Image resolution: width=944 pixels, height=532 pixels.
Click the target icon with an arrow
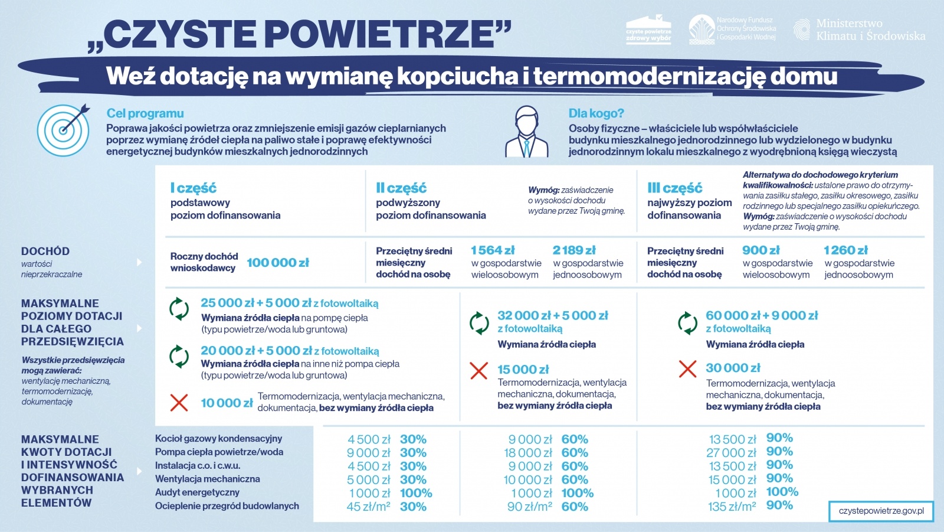[64, 130]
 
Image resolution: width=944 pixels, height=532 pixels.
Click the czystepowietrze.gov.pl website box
[881, 511]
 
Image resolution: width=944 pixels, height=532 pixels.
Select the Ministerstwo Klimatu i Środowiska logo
[859, 30]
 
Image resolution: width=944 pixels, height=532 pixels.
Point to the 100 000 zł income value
[278, 263]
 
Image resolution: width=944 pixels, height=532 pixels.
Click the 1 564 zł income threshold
[493, 250]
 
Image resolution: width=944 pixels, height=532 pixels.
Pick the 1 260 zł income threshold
[845, 250]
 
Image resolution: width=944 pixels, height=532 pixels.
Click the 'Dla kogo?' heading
[596, 113]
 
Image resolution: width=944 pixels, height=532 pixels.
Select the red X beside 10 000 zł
[179, 403]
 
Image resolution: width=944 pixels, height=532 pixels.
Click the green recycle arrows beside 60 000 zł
[687, 323]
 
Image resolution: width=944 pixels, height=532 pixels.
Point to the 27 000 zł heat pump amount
[731, 453]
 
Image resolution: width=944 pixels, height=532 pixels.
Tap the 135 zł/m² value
[732, 507]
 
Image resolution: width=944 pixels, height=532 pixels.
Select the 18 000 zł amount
[528, 453]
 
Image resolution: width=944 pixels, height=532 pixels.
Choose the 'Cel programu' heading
[145, 113]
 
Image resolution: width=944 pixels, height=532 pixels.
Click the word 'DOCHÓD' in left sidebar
[45, 252]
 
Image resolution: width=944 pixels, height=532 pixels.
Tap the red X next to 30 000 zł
[687, 369]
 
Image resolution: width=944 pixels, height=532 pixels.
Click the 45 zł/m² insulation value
[368, 507]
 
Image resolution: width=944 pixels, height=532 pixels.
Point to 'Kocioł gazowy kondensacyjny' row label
[218, 439]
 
